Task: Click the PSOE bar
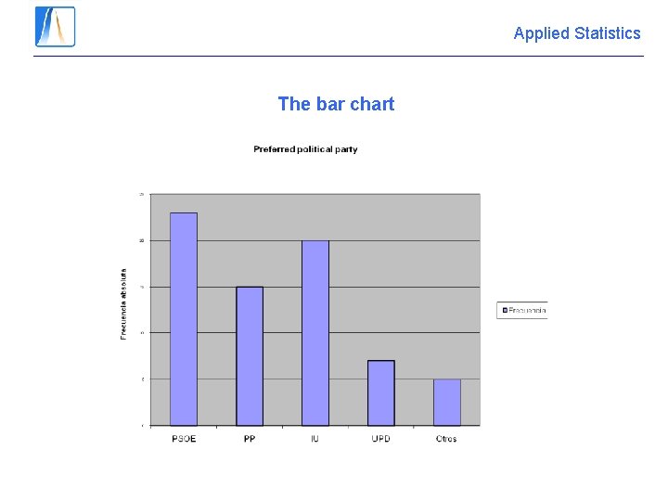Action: click(184, 319)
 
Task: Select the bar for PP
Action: click(250, 356)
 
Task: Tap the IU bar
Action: click(315, 333)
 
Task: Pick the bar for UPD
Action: click(380, 392)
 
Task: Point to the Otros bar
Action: click(446, 402)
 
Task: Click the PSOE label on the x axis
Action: click(184, 439)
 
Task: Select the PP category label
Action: click(250, 439)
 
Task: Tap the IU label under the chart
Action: click(315, 439)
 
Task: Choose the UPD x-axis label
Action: click(380, 439)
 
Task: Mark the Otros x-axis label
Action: click(446, 439)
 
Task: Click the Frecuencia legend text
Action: click(527, 311)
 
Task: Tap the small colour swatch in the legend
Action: click(505, 311)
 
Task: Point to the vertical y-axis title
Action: click(124, 303)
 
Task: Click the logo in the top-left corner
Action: click(55, 27)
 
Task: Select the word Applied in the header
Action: click(541, 33)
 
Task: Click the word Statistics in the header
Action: click(608, 33)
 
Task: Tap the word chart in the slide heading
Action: click(372, 104)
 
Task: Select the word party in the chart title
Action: click(346, 149)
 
